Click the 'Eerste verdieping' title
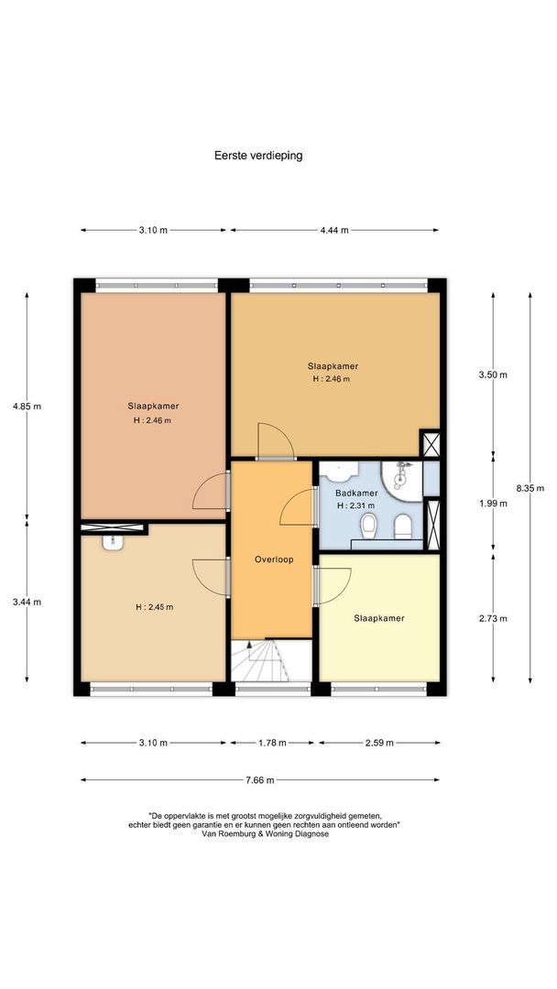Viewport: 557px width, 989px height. pos(258,155)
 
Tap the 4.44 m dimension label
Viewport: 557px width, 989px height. pos(334,230)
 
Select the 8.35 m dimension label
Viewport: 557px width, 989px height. pos(530,487)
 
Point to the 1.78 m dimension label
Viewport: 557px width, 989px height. pos(272,743)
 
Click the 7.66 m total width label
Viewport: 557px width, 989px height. pos(260,780)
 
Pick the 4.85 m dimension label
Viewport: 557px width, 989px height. pos(27,407)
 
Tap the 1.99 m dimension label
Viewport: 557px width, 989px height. pos(493,504)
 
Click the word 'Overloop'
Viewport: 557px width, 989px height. pos(274,560)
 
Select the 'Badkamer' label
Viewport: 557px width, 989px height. pos(356,494)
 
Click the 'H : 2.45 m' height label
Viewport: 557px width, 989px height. pos(154,607)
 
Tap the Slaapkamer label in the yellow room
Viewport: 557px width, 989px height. pos(378,618)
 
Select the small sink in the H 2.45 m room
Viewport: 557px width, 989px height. pos(113,542)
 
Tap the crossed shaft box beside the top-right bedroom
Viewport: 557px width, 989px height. pos(430,443)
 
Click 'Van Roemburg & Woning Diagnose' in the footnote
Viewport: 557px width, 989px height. pos(265,833)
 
